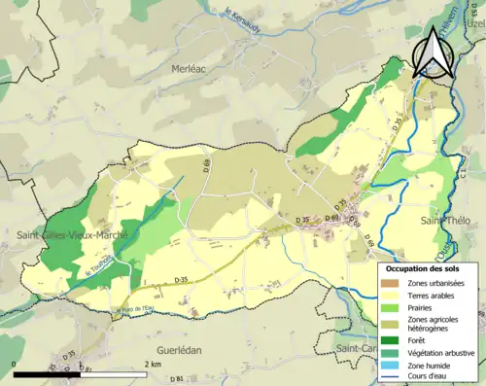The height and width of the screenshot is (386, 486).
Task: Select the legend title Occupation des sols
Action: (x=424, y=267)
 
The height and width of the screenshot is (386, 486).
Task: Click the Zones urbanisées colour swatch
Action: (x=389, y=283)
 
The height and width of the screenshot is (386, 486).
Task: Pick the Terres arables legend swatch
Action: (x=389, y=296)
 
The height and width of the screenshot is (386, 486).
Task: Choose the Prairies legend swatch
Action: (x=389, y=308)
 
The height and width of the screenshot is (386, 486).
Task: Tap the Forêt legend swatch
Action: (x=389, y=339)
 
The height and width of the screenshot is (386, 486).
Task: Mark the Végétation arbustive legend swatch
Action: (x=389, y=352)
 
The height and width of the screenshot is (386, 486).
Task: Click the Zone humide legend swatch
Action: (x=389, y=365)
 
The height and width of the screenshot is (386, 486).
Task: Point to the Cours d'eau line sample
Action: (x=389, y=376)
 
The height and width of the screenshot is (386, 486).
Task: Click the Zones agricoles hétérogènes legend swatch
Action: (x=389, y=324)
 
